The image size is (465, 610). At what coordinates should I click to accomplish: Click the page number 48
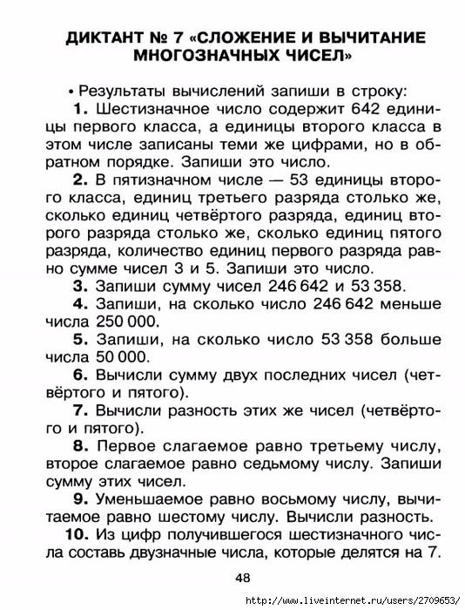(x=242, y=578)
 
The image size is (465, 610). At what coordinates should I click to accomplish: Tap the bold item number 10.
(x=77, y=534)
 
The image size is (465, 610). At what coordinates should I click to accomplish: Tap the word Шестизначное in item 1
(x=145, y=109)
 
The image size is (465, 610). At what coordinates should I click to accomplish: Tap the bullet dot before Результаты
(x=70, y=91)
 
